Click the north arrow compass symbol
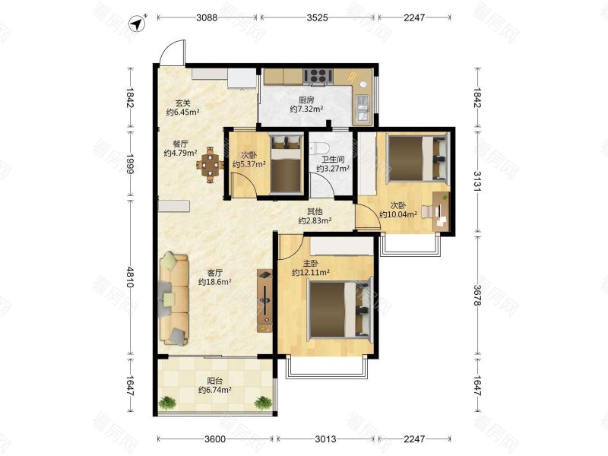click(x=138, y=24)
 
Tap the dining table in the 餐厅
click(x=210, y=165)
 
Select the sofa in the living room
click(x=174, y=299)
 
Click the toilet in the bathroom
click(x=319, y=147)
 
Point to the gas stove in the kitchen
click(x=318, y=77)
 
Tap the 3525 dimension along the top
click(x=317, y=17)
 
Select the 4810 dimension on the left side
click(x=130, y=277)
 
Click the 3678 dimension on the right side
click(x=477, y=296)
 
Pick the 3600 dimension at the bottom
click(x=215, y=439)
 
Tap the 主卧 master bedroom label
click(x=311, y=264)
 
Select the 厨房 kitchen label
click(x=306, y=100)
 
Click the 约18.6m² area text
click(x=215, y=282)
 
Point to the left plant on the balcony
click(x=167, y=402)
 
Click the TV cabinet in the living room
click(x=264, y=300)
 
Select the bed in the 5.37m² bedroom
click(x=287, y=163)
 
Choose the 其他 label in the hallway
click(x=315, y=211)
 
